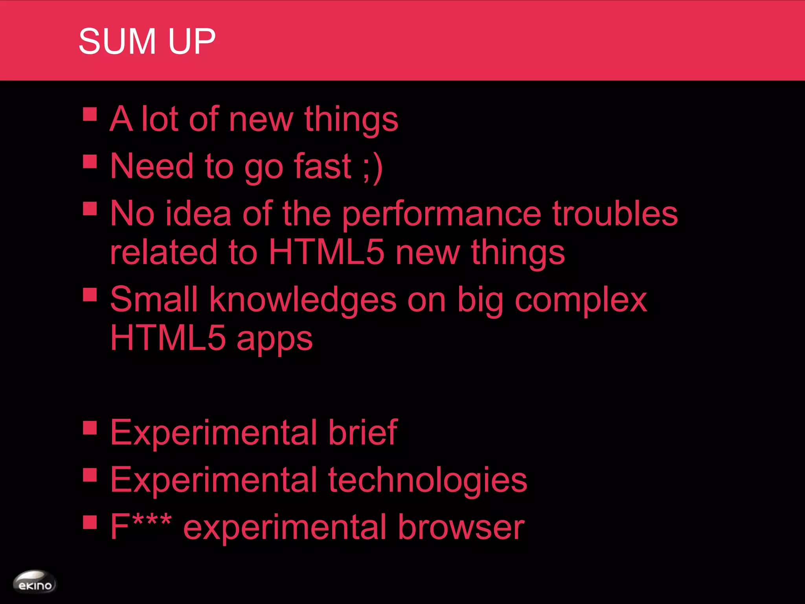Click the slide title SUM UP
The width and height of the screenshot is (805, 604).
pos(147,41)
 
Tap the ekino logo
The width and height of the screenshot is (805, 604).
pos(35,582)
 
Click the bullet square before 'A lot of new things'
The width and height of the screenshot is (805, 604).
pos(90,114)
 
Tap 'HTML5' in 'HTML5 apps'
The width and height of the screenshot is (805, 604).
pos(168,338)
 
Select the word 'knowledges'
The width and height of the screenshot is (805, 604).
pos(303,300)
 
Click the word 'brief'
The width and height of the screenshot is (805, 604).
pos(362,433)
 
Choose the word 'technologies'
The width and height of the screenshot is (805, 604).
pos(427,480)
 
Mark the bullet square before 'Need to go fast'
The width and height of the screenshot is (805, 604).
pos(90,162)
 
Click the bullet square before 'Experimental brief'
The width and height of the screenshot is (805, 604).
pos(90,428)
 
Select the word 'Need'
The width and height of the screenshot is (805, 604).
pos(152,166)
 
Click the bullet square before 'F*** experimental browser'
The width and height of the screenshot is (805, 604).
pos(90,523)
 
